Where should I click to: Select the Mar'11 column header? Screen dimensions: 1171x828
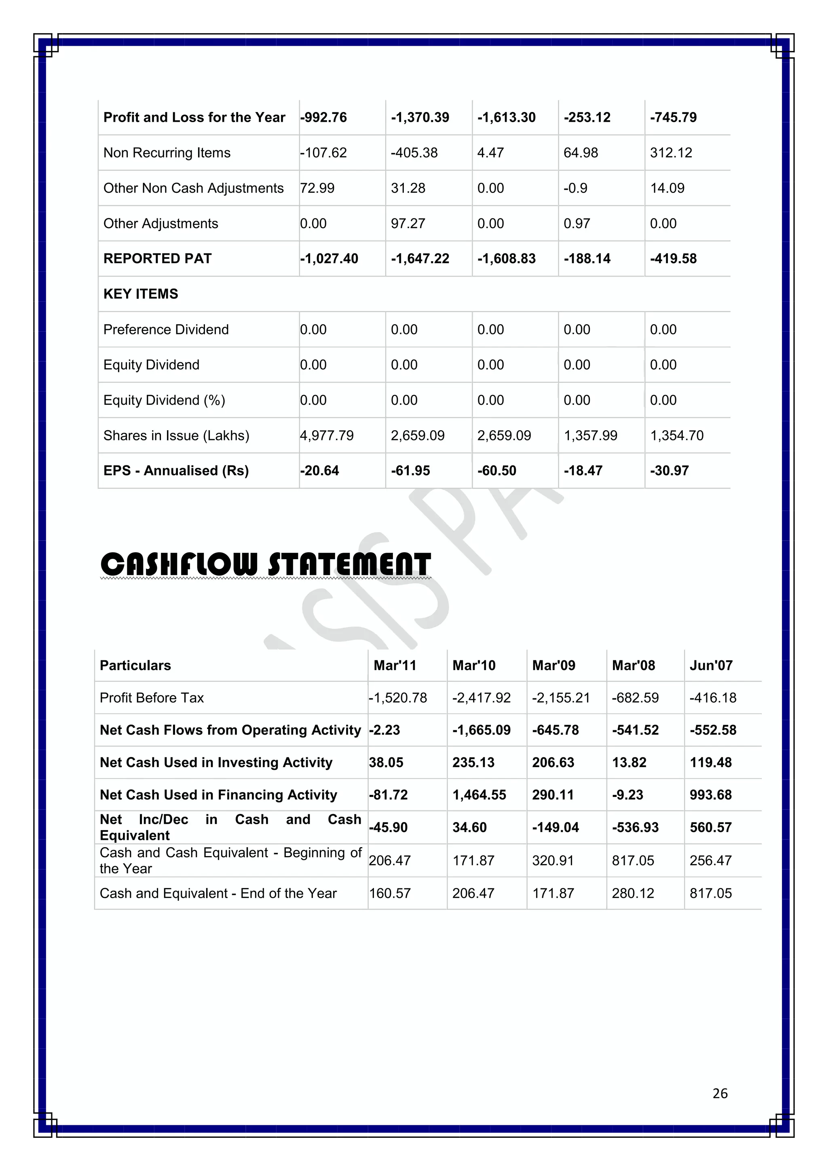tap(395, 665)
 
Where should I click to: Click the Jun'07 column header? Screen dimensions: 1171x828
tap(711, 665)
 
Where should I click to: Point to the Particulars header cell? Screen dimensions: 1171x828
tap(135, 665)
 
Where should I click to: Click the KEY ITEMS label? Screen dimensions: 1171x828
tap(141, 294)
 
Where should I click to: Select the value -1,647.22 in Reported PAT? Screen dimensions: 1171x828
tap(420, 258)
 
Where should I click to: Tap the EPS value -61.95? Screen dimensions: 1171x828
tap(410, 470)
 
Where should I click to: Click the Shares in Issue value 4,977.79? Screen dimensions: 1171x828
tap(326, 435)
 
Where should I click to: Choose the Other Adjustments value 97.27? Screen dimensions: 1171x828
tap(408, 223)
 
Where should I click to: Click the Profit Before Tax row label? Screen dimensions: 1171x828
tap(152, 698)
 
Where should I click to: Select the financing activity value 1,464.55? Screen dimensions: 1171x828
tap(479, 795)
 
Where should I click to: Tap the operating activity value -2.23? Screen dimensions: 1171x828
tap(384, 730)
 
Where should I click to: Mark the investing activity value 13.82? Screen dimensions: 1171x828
tap(629, 763)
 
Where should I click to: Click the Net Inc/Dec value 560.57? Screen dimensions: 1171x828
tap(710, 827)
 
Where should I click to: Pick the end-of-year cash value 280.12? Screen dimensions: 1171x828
tap(632, 893)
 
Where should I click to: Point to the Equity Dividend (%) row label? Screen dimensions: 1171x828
tap(164, 400)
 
